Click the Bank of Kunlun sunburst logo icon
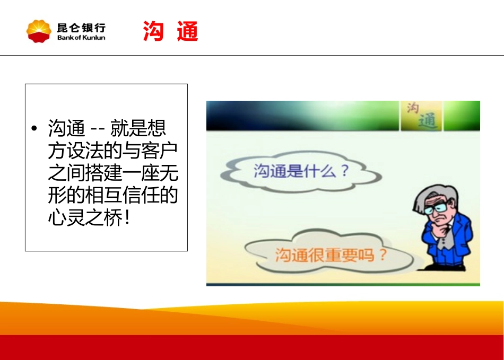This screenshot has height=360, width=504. point(39,31)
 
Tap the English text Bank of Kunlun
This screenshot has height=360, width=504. point(81,38)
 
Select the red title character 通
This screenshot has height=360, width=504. point(188,32)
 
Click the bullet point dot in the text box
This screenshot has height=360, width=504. point(34,129)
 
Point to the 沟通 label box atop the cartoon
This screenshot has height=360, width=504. point(421,116)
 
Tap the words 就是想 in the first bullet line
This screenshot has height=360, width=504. point(138,129)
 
